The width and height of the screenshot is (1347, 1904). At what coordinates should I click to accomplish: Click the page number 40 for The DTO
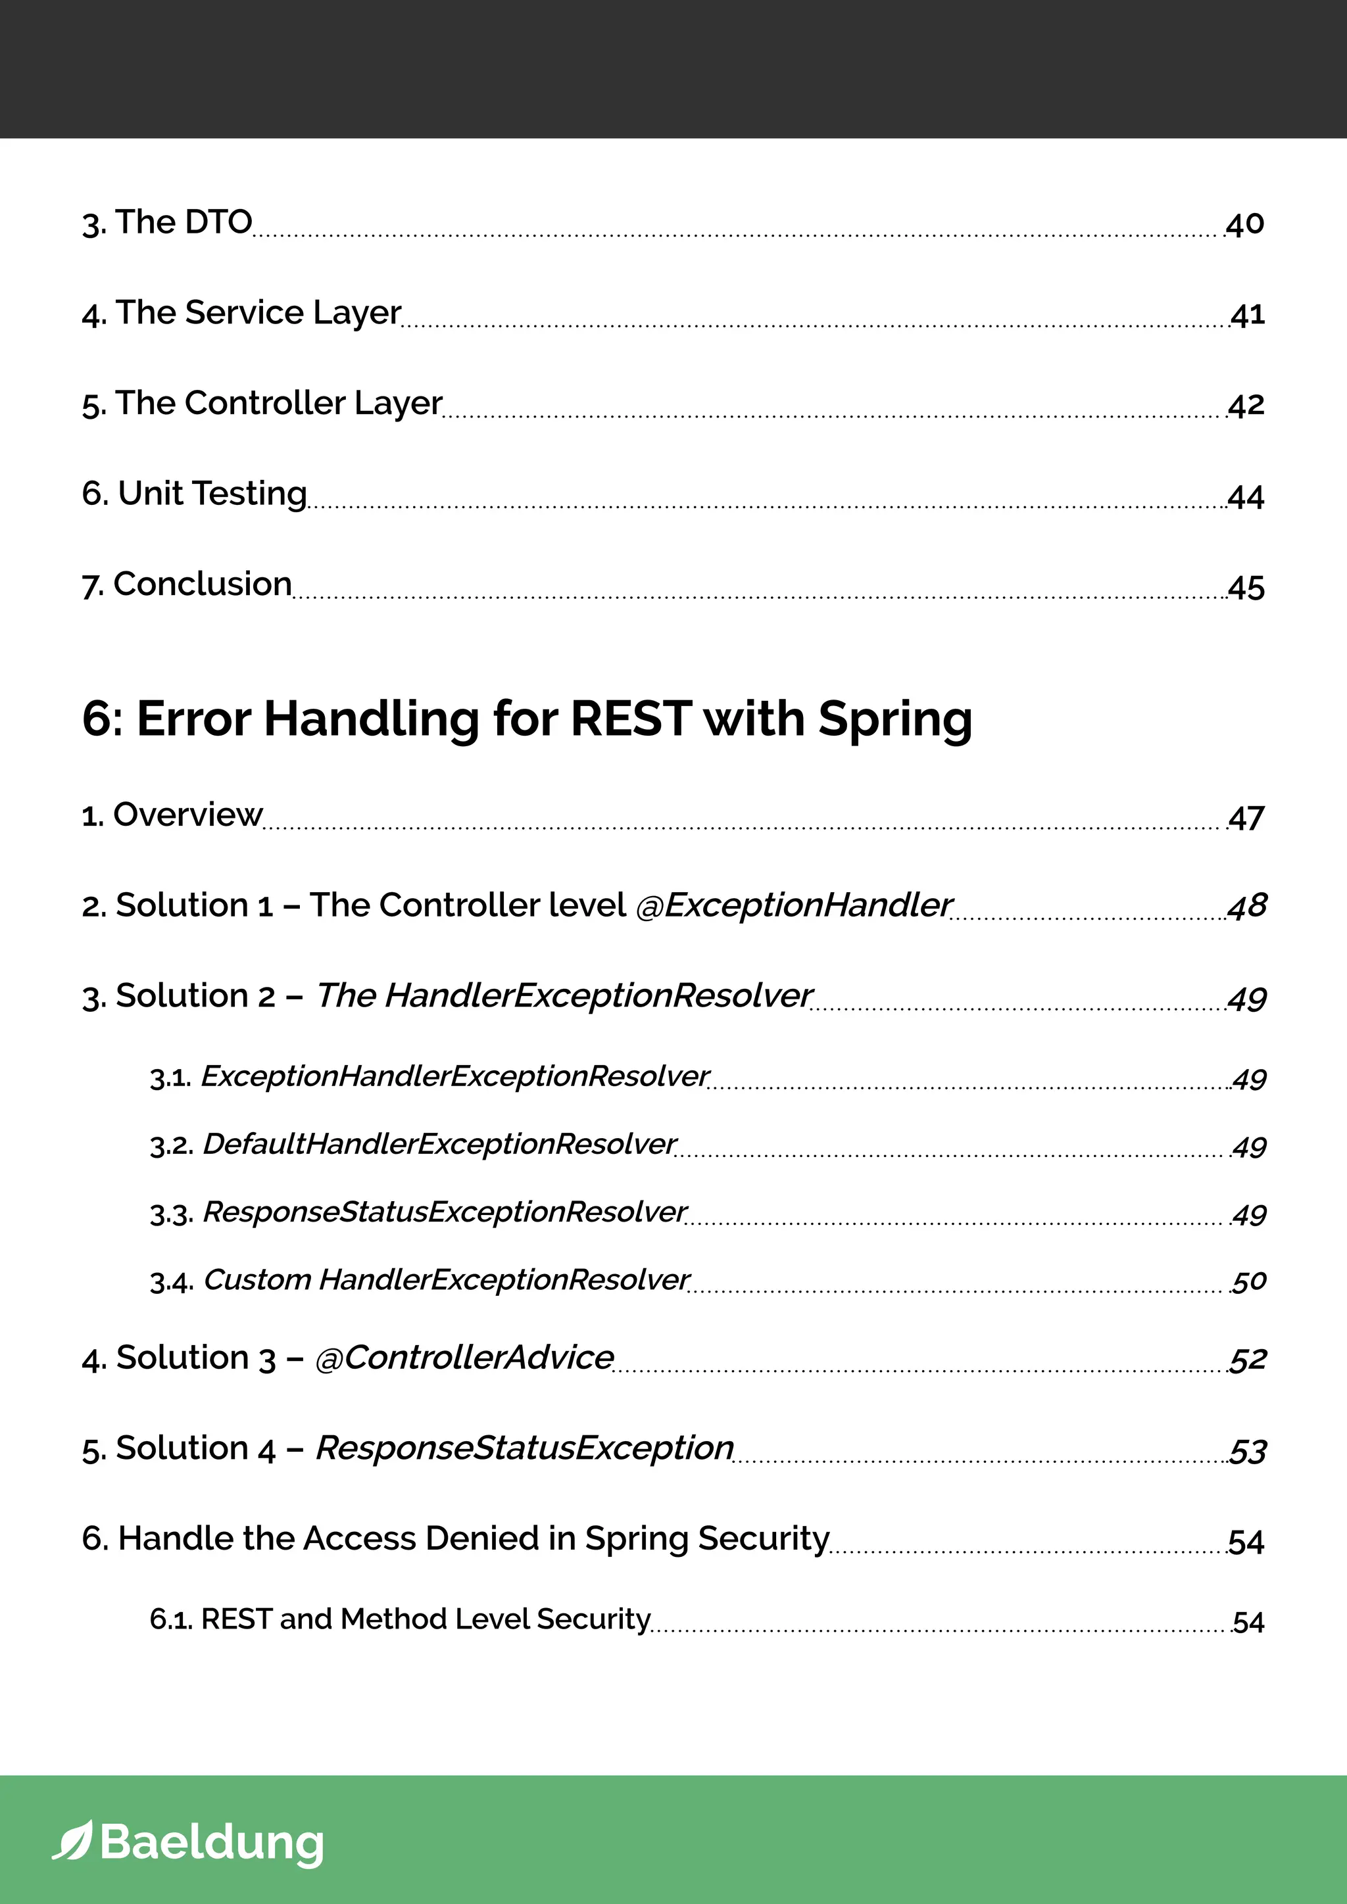[x=1244, y=224]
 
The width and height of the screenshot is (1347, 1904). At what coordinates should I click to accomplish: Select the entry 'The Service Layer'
[x=241, y=314]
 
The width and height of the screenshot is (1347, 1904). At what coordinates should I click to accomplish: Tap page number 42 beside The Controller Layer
[x=1246, y=405]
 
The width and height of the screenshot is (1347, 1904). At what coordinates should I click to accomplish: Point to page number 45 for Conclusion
[x=1246, y=587]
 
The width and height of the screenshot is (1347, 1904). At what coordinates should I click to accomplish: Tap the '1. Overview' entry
[x=172, y=815]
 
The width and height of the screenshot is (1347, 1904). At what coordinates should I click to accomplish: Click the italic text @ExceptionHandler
[x=794, y=905]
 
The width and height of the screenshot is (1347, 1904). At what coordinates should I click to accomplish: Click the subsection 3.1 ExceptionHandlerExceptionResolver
[x=429, y=1076]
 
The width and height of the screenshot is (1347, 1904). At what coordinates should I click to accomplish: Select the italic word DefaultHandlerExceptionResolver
[x=439, y=1145]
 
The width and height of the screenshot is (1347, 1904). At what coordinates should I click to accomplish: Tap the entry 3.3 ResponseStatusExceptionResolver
[x=418, y=1212]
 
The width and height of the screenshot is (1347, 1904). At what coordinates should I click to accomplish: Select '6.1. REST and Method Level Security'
[x=400, y=1619]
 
